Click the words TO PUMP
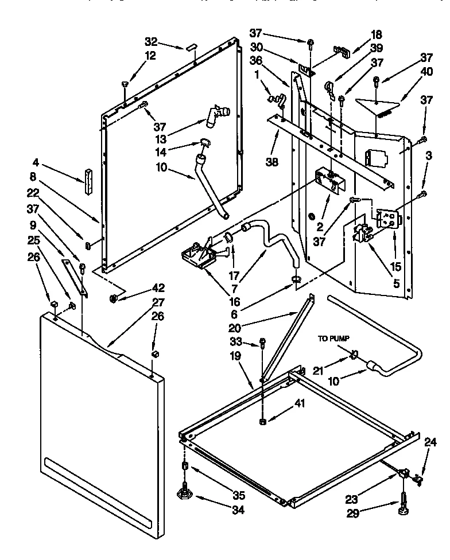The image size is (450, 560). pyautogui.click(x=333, y=339)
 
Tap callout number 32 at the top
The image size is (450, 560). pyautogui.click(x=150, y=41)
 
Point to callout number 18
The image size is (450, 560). pyautogui.click(x=376, y=35)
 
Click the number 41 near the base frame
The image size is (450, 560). pyautogui.click(x=299, y=404)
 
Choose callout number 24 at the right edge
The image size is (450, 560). pyautogui.click(x=431, y=442)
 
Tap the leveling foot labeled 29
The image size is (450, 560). pyautogui.click(x=403, y=505)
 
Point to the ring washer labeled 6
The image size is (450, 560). pyautogui.click(x=295, y=279)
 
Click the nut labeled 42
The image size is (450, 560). pyautogui.click(x=113, y=298)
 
